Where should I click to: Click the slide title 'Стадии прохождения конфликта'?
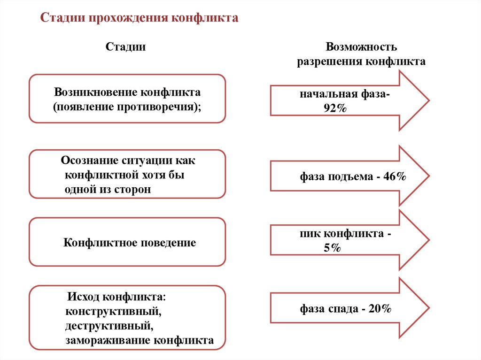point(140,18)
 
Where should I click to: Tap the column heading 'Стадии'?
point(125,47)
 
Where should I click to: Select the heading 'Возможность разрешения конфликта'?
point(361,54)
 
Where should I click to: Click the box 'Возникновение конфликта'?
point(127,99)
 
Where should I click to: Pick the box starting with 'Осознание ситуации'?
point(127,174)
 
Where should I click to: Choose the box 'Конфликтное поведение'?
point(127,242)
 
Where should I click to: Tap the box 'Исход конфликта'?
point(127,318)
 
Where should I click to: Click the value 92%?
point(334,108)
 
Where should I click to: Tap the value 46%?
point(394,177)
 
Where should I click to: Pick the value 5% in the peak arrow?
point(332,248)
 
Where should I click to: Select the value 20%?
point(380,309)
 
